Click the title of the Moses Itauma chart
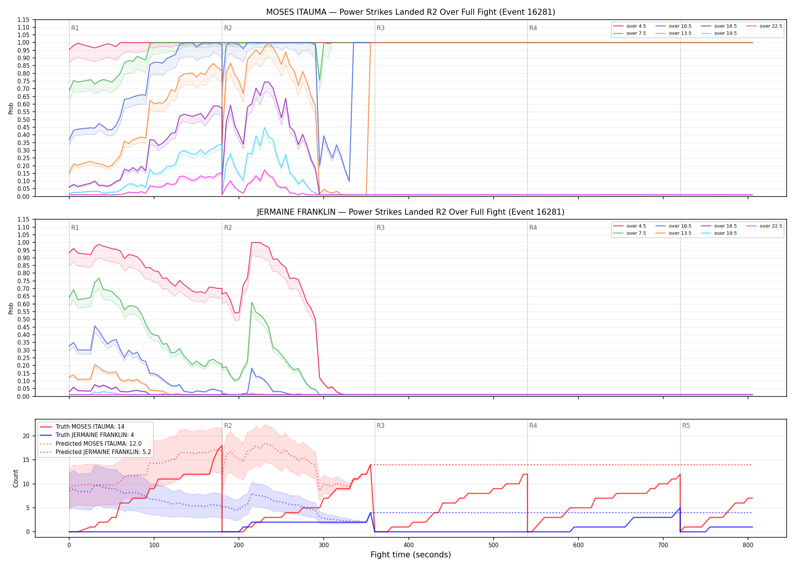point(410,12)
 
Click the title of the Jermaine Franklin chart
point(410,212)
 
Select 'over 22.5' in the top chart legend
point(771,26)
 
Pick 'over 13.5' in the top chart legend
point(680,33)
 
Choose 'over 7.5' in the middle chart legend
point(636,233)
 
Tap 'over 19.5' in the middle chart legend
point(725,233)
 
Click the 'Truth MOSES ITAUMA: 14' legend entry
point(90,427)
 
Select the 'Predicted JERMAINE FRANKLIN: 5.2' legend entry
point(103,452)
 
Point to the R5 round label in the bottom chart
point(686,426)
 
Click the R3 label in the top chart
point(380,28)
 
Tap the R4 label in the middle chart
point(533,228)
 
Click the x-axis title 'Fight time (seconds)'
point(411,555)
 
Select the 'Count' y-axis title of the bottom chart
point(16,478)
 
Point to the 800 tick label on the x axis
point(748,545)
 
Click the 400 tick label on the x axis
point(409,545)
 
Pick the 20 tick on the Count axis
point(26,436)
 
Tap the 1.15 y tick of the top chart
point(23,20)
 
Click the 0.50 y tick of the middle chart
point(23,320)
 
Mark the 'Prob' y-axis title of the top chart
point(11,108)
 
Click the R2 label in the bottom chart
point(228,426)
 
